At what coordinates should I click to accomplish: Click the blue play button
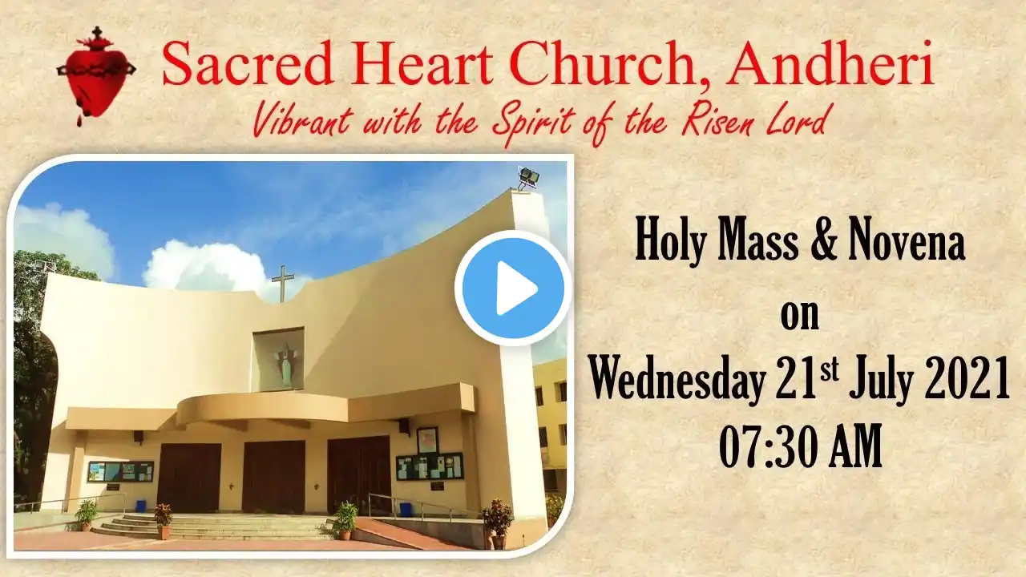[513, 288]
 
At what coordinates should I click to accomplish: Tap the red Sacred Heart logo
[96, 75]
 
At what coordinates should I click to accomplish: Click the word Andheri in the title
[830, 63]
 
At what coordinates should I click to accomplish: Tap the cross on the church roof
[283, 284]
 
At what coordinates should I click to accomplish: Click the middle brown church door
[274, 477]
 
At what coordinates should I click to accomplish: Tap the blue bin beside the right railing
[406, 509]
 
